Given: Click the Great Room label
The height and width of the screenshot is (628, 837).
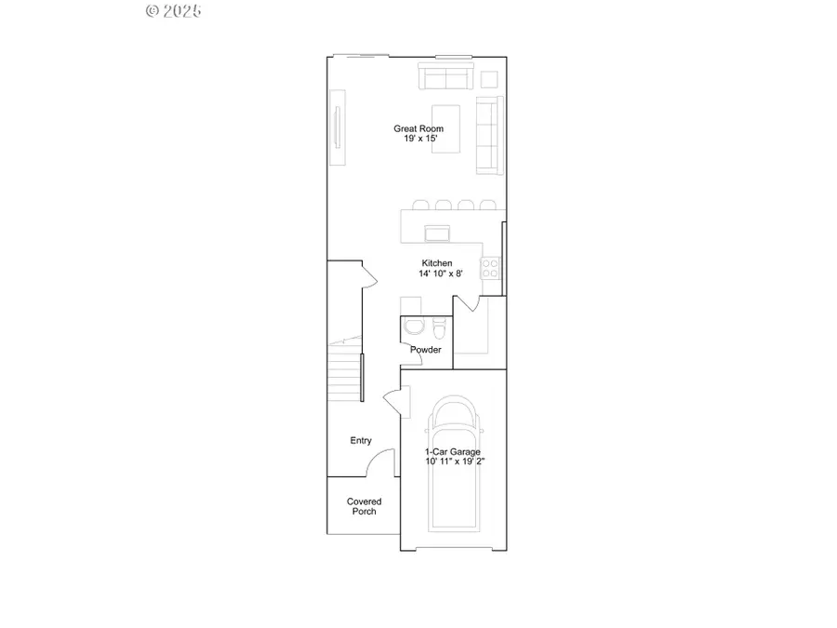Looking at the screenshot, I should (418, 128).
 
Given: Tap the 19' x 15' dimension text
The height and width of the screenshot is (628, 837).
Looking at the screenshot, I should (418, 139).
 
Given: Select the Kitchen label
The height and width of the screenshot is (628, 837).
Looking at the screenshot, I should (437, 263).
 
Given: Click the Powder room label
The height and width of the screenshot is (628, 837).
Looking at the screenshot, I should (426, 350).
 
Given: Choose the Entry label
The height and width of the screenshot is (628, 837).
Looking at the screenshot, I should (361, 440).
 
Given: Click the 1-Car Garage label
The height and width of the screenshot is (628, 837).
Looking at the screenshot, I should (454, 451).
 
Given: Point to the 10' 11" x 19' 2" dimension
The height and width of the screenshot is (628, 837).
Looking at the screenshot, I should (454, 461).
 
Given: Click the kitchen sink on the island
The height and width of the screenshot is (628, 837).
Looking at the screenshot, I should (437, 232).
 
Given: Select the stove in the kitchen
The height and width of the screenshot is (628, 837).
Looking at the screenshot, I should (490, 269).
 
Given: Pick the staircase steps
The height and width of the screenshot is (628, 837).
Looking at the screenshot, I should (345, 372).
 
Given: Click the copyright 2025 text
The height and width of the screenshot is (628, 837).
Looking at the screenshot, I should (174, 11).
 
